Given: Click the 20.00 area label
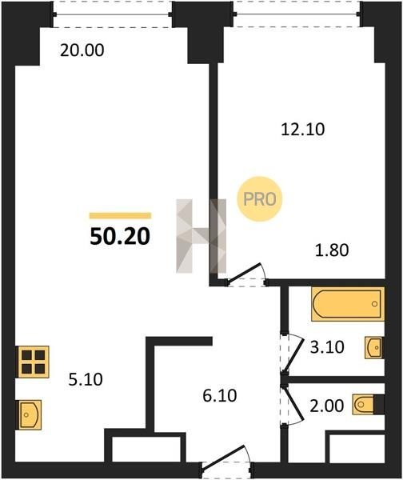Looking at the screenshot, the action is (x=82, y=50).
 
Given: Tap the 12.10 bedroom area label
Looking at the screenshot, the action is (x=302, y=129).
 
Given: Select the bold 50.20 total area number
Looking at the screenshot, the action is (x=120, y=237).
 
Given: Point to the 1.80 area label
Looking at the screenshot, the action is (x=332, y=250).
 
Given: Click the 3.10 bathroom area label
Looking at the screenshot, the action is (x=327, y=347).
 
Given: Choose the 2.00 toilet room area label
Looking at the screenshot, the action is (x=327, y=406).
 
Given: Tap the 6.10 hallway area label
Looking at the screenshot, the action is (x=220, y=395).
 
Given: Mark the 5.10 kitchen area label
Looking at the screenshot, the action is (x=86, y=379).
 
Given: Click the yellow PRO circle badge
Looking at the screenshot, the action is (x=260, y=199).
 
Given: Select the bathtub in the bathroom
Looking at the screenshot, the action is (x=348, y=304).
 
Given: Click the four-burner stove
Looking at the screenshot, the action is (x=33, y=362).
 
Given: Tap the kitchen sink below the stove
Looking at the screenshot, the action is (x=30, y=414).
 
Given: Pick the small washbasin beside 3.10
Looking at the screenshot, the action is (x=373, y=347).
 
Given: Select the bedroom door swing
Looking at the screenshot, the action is (x=246, y=274).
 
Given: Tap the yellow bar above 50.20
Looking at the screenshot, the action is (x=120, y=215).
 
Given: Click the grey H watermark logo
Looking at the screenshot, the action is (x=201, y=236).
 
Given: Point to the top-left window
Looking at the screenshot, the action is (x=112, y=14).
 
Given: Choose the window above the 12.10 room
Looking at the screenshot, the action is (x=297, y=14).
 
